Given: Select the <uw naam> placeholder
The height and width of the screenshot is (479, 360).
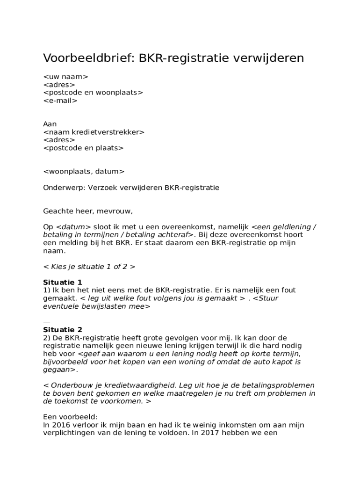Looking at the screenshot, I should (x=65, y=77).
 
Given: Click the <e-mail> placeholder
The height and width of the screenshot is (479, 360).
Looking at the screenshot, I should (x=60, y=101).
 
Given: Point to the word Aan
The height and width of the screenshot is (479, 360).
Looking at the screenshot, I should (x=50, y=124).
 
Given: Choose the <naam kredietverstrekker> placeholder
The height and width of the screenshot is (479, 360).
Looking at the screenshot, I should (x=94, y=132).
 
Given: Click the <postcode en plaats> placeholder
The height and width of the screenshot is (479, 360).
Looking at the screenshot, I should (x=83, y=148).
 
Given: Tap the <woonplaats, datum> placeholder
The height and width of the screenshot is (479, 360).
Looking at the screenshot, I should (x=84, y=172).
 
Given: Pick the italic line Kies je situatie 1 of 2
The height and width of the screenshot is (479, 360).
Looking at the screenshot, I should (x=89, y=267).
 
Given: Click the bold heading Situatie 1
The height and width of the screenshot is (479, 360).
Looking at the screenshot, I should (x=63, y=283).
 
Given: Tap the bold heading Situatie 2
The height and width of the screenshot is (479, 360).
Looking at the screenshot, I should (x=63, y=330).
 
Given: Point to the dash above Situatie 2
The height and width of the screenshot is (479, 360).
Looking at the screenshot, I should (x=46, y=322).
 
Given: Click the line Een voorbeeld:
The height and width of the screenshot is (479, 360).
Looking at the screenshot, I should (x=70, y=417).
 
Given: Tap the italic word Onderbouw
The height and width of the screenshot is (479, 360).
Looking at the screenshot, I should (x=71, y=385).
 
